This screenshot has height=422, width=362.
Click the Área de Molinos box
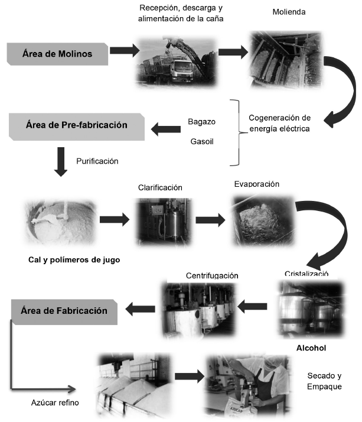(x=58, y=53)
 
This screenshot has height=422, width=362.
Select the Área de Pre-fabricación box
(x=77, y=125)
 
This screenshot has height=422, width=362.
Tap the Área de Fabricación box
(x=64, y=311)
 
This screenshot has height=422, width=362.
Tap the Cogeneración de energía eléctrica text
(x=279, y=123)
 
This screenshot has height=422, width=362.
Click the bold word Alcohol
(x=311, y=348)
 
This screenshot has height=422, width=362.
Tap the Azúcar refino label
(x=55, y=403)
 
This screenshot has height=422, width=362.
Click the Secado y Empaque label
(x=325, y=381)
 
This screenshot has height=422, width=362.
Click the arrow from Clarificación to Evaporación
(x=210, y=220)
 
